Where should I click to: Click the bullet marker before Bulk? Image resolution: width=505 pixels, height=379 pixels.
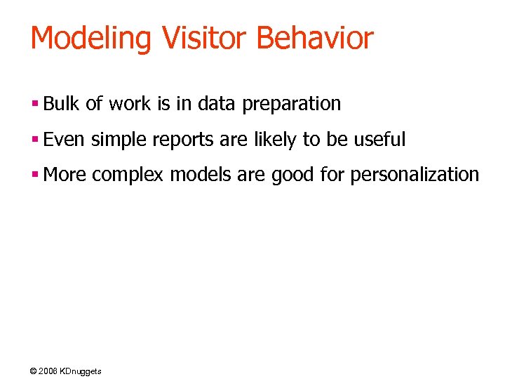pyautogui.click(x=34, y=105)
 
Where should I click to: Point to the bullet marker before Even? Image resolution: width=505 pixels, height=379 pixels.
pyautogui.click(x=34, y=140)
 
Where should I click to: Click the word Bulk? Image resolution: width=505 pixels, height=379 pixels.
pyautogui.click(x=62, y=104)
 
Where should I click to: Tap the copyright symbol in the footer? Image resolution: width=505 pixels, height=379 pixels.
pyautogui.click(x=34, y=371)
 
